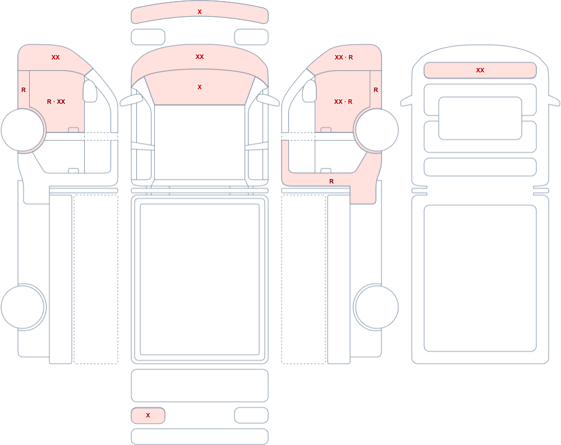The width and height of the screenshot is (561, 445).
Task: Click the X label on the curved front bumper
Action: click(200, 12)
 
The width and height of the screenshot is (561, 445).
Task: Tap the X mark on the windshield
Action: click(200, 87)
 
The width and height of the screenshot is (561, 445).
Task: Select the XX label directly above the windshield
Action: click(200, 57)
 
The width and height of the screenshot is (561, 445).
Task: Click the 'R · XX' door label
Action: click(56, 102)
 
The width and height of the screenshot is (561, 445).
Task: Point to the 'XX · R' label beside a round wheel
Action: click(343, 102)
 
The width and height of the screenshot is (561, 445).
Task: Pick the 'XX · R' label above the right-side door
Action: click(344, 57)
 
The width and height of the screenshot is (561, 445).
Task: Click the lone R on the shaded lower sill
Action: click(332, 181)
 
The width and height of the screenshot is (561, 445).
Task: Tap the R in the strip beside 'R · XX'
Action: click(24, 90)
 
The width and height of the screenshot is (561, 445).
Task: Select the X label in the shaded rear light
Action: click(148, 415)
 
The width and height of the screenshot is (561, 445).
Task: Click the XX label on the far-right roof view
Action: click(480, 70)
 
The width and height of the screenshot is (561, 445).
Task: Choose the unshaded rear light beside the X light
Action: click(251, 415)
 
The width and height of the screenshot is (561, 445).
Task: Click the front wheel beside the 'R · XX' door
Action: click(22, 130)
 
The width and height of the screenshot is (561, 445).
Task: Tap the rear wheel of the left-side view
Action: click(22, 307)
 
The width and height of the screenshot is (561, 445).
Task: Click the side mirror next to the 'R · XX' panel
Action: click(90, 91)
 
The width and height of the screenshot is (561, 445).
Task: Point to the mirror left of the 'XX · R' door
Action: click(310, 91)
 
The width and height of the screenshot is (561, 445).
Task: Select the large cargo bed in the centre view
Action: click(200, 279)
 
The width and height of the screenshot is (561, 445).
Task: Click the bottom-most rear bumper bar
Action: click(200, 437)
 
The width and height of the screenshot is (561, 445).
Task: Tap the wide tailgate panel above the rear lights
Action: click(200, 386)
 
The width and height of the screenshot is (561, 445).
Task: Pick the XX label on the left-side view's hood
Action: click(56, 57)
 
